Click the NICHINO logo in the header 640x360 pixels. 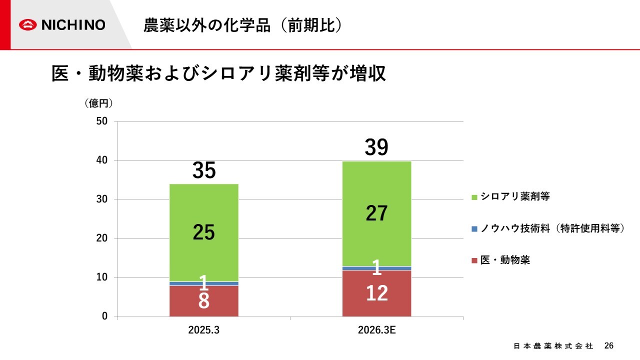point(62,24)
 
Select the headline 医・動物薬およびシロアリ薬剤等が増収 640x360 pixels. point(219,74)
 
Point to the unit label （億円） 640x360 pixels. point(98,103)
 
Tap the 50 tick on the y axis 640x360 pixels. point(102,121)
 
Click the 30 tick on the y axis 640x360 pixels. point(102,199)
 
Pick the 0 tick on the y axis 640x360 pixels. point(105,316)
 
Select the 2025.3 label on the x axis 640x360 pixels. point(203,330)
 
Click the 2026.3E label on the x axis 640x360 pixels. point(376,330)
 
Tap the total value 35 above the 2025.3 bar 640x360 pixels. point(204,170)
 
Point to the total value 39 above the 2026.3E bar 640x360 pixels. point(376,147)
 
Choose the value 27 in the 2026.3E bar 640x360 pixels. point(376,213)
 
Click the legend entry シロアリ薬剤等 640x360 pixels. point(515,196)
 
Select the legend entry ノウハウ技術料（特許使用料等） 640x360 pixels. point(552,228)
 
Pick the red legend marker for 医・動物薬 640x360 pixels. point(474,260)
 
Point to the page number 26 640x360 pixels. point(608,345)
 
